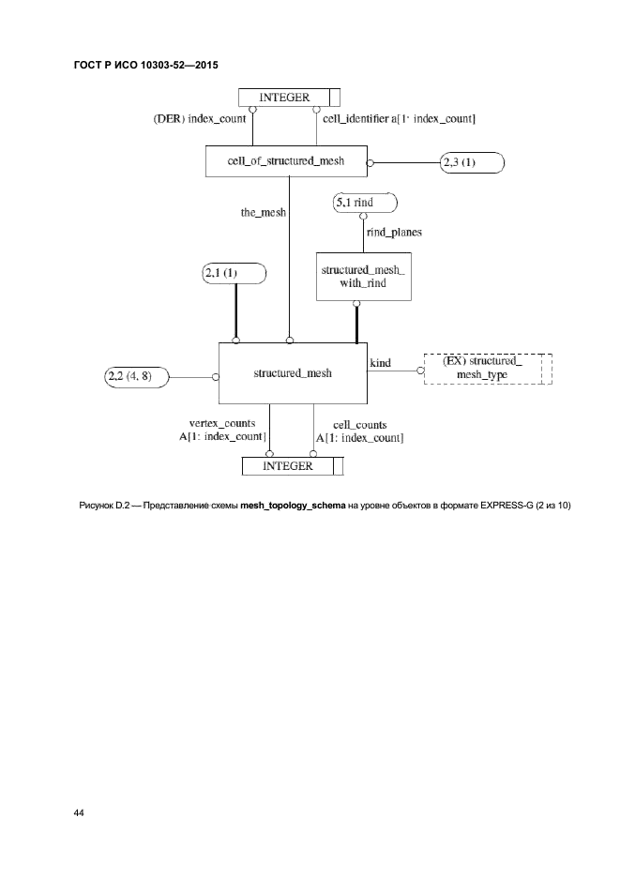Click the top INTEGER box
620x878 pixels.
point(288,97)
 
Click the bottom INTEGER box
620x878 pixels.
point(293,465)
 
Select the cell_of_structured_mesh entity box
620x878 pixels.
point(286,160)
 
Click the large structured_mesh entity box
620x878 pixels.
point(293,373)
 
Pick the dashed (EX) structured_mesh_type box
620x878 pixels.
point(488,368)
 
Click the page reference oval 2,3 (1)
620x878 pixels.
point(471,162)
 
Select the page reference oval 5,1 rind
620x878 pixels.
point(365,203)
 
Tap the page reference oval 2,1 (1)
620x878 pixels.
point(234,274)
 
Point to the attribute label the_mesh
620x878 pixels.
point(264,213)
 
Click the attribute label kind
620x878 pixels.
point(381,361)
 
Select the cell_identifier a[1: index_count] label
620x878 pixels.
point(399,119)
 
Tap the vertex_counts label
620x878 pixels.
point(222,424)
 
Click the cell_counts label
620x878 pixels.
point(354,424)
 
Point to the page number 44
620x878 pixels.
point(79,812)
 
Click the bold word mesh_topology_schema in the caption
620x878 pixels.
point(293,507)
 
